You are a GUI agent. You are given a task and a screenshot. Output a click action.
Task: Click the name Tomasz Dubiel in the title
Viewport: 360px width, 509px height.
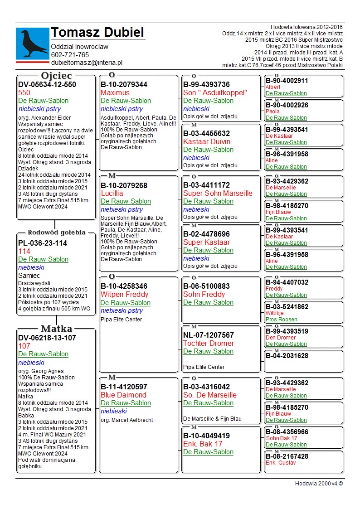click(97, 33)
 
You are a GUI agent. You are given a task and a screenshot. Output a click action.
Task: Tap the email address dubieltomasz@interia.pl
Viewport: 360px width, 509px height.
click(87, 63)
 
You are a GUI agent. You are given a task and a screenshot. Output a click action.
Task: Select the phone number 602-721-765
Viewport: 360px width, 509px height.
click(70, 55)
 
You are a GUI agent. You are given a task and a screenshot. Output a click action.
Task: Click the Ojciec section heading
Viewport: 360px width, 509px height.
click(56, 76)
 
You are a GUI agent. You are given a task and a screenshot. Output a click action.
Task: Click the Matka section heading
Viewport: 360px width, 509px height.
click(56, 329)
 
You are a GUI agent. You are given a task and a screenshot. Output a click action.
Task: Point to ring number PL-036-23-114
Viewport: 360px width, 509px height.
click(43, 243)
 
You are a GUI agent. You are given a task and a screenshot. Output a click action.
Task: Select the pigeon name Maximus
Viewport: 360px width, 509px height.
click(115, 93)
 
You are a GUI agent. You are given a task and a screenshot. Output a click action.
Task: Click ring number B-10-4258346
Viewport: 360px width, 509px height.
click(124, 286)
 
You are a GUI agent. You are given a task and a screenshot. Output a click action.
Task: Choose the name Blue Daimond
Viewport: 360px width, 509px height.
click(123, 395)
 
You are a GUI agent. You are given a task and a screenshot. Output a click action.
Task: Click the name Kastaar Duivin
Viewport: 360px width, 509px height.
click(207, 142)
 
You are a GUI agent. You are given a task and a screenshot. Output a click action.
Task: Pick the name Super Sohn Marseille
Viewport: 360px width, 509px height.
click(218, 194)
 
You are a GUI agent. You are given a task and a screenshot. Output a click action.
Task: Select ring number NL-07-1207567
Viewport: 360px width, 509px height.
click(209, 335)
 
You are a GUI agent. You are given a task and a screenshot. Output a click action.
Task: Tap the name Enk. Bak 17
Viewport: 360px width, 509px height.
click(203, 444)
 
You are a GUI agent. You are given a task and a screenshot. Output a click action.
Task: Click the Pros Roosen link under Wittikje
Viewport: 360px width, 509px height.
click(281, 320)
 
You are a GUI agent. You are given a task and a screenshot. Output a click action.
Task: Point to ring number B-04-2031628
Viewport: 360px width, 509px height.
click(287, 356)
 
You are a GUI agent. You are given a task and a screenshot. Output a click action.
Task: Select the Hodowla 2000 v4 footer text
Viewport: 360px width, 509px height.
click(319, 484)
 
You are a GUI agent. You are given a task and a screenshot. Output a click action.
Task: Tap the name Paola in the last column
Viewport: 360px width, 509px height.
click(272, 111)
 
